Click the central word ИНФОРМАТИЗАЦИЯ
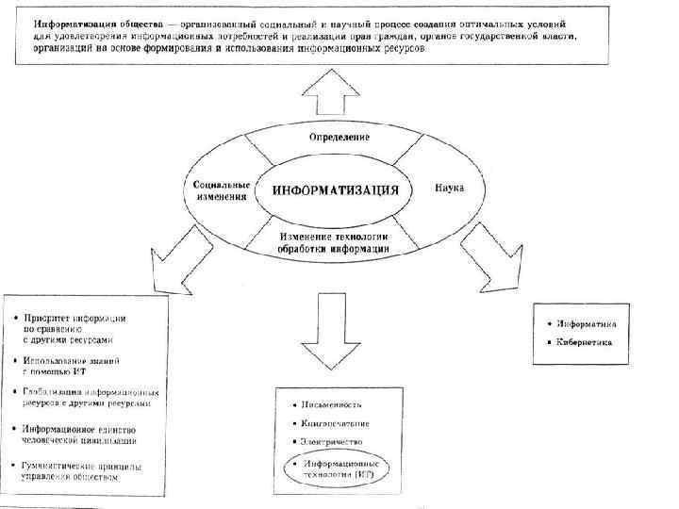coord(336,189)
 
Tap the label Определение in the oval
coord(339,137)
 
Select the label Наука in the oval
coord(449,187)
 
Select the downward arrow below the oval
coord(336,330)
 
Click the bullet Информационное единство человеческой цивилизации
coord(85,434)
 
